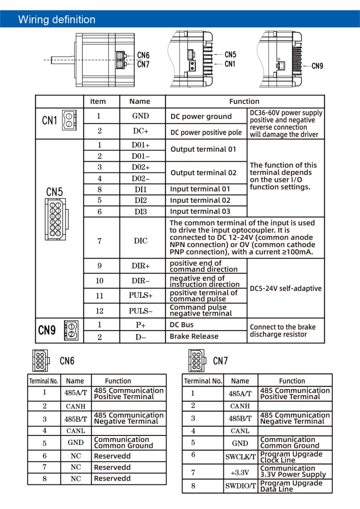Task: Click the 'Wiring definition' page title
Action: click(x=57, y=20)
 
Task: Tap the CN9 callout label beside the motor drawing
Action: click(x=317, y=66)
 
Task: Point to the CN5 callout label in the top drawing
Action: click(x=230, y=55)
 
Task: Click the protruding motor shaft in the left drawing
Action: click(x=59, y=60)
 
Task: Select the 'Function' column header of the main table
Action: click(x=244, y=101)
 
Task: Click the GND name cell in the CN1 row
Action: click(x=140, y=116)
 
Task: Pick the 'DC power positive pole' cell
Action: click(x=206, y=132)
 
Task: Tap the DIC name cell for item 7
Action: click(x=140, y=241)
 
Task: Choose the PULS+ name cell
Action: click(x=140, y=296)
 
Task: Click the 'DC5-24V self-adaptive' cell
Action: click(x=285, y=288)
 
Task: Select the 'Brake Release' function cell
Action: click(x=194, y=337)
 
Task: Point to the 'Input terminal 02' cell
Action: click(x=200, y=200)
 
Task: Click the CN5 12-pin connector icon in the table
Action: click(x=55, y=219)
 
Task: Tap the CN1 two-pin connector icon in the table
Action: click(x=69, y=120)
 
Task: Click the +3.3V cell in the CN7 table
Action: click(x=240, y=471)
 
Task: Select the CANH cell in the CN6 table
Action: click(x=76, y=406)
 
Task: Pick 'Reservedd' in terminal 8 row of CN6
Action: click(x=112, y=479)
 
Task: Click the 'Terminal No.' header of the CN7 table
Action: click(x=203, y=381)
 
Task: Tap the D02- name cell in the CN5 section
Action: click(x=140, y=178)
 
